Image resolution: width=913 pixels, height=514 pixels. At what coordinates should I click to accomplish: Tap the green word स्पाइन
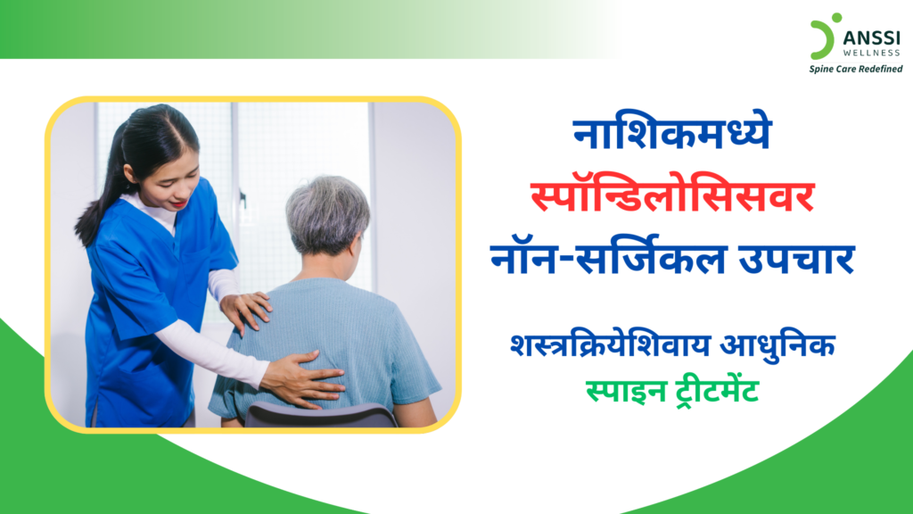[620, 390]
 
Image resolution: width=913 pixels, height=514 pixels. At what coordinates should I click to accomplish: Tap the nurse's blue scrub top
[134, 303]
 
